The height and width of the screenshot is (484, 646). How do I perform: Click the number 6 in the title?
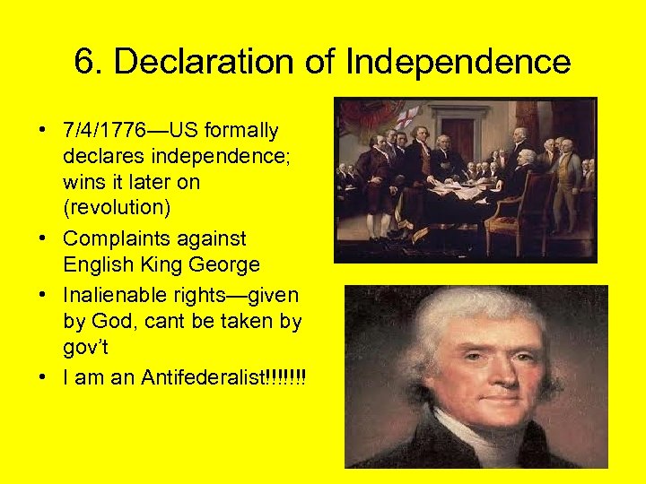(x=84, y=62)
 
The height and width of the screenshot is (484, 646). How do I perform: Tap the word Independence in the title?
(x=458, y=62)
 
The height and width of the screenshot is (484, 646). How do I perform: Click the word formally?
(x=242, y=131)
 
